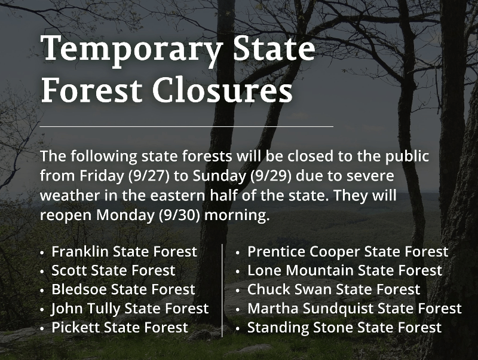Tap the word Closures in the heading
[222, 91]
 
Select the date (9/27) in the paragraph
[149, 176]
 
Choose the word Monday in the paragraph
[125, 215]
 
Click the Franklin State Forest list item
[124, 252]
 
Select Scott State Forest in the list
[114, 271]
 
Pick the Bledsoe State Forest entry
[123, 289]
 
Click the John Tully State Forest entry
[130, 309]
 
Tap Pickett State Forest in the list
[120, 327]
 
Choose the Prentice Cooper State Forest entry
[348, 252]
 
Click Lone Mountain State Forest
[345, 271]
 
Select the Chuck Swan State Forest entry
[334, 289]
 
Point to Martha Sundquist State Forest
[354, 309]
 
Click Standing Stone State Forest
[345, 327]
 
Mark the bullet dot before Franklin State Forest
[42, 253]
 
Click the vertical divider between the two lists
[222, 291]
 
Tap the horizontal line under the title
[186, 126]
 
